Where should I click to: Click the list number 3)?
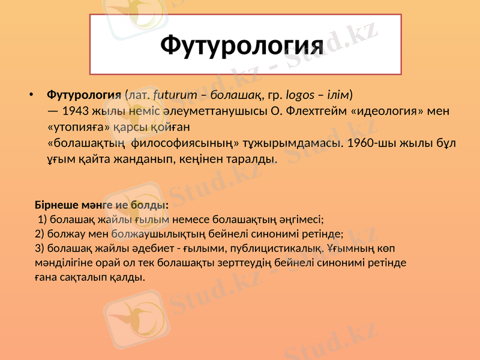pos(40,248)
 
